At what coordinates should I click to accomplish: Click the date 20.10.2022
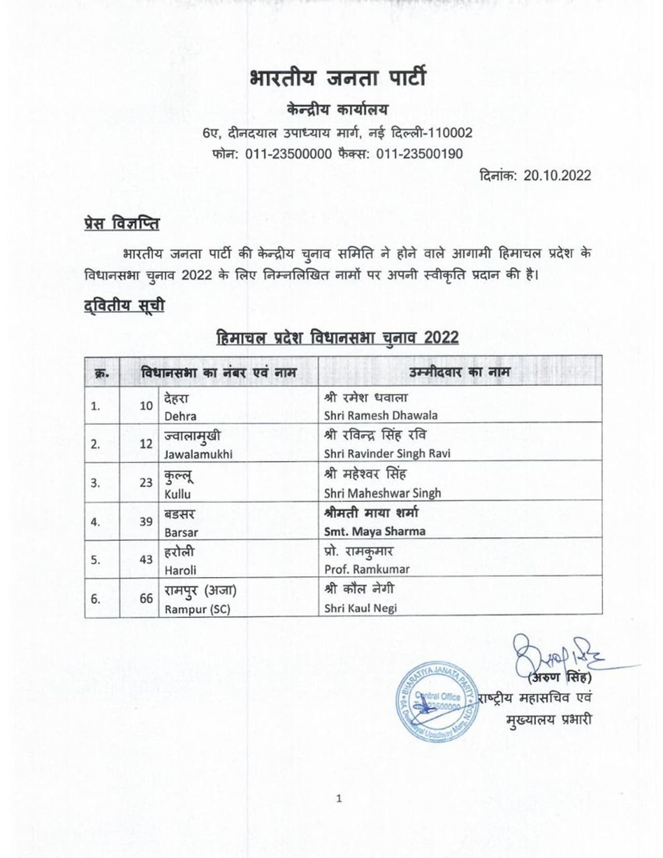tap(557, 176)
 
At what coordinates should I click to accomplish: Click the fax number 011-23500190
tap(419, 154)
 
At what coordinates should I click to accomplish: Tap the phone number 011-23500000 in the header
tap(289, 154)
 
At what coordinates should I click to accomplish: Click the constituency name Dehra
tap(180, 416)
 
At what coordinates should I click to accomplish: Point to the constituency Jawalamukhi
tap(198, 454)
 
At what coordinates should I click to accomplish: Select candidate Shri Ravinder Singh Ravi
tap(387, 454)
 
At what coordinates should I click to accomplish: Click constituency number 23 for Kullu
tap(146, 483)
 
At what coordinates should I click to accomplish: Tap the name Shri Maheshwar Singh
tap(382, 493)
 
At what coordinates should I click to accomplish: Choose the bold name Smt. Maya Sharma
tap(374, 532)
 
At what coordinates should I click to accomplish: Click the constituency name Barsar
tap(181, 532)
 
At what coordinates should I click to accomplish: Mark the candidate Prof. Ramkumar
tap(367, 569)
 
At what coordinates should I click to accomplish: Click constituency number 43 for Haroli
tap(146, 560)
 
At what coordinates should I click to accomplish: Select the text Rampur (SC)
tap(197, 610)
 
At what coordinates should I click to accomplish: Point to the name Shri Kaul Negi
tap(361, 608)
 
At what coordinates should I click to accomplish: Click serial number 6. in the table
tap(95, 599)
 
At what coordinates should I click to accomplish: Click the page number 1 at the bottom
tap(339, 799)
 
